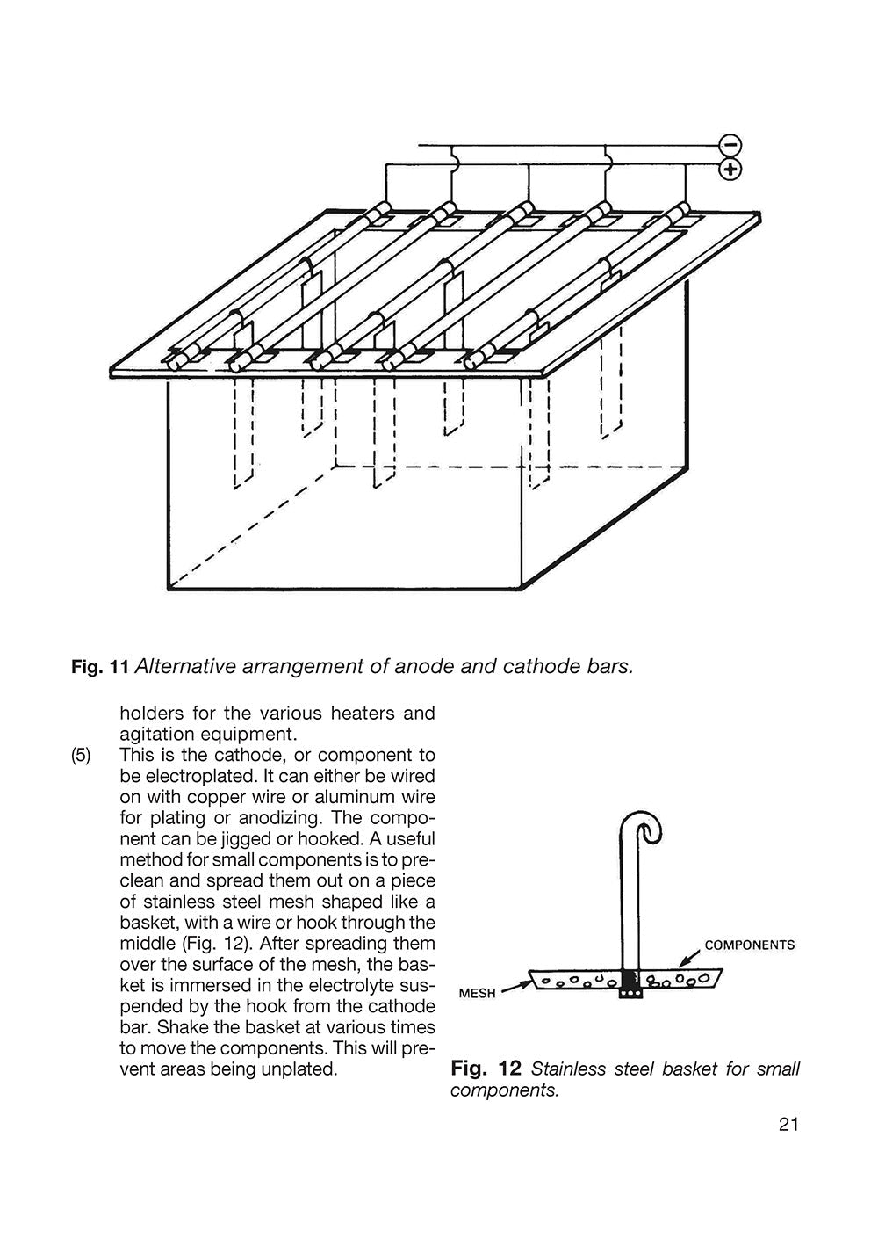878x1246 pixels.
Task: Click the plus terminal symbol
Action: point(730,168)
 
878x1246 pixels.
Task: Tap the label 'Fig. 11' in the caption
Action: point(99,666)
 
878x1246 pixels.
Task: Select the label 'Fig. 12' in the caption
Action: point(486,1069)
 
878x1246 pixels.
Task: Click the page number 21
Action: point(788,1125)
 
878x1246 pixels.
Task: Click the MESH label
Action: point(479,993)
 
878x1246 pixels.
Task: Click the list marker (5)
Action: point(81,756)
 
